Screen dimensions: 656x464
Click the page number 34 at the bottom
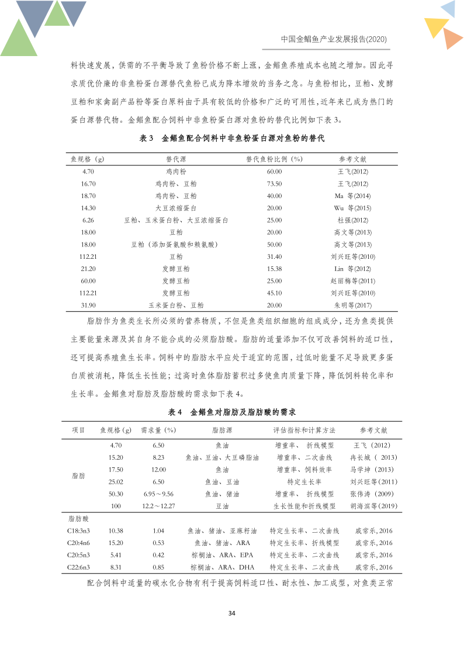tap(231, 613)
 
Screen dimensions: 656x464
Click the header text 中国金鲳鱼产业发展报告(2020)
tap(334, 39)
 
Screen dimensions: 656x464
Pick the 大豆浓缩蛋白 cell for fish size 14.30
tap(176, 208)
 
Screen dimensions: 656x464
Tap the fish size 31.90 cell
tap(88, 306)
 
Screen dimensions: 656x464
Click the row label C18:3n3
tap(78, 531)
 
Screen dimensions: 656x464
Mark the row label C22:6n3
tap(78, 567)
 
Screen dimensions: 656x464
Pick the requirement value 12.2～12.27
tap(158, 506)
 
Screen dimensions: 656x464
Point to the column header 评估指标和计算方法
tap(304, 431)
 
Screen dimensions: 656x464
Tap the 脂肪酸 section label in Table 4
tap(78, 518)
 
